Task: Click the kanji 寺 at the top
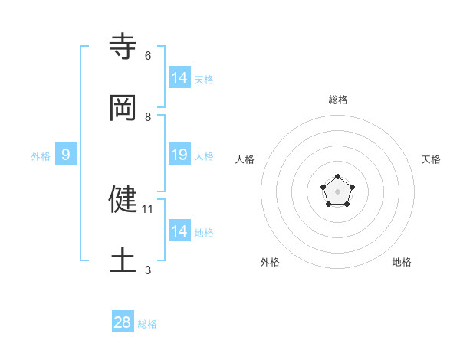(x=123, y=47)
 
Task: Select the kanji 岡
(x=123, y=108)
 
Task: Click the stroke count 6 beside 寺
(x=147, y=56)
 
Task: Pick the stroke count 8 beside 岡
(x=147, y=117)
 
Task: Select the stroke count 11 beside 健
(x=149, y=208)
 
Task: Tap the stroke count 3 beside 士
(x=147, y=270)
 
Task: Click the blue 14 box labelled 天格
(x=179, y=77)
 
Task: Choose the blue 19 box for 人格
(x=179, y=155)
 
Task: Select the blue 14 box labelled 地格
(x=179, y=231)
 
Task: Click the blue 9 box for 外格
(x=66, y=155)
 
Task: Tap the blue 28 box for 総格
(x=123, y=322)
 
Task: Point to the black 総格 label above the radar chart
(x=338, y=100)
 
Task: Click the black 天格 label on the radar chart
(x=432, y=159)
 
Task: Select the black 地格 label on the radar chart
(x=402, y=262)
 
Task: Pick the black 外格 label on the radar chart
(x=270, y=262)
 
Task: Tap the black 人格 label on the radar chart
(x=245, y=159)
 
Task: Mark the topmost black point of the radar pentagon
(x=337, y=177)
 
